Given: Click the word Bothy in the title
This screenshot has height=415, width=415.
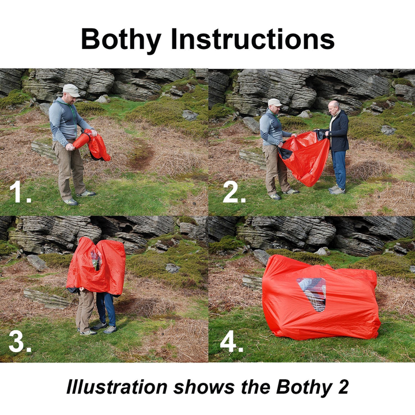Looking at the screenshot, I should tap(121, 39).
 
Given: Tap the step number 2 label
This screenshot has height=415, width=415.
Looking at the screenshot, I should tap(233, 193).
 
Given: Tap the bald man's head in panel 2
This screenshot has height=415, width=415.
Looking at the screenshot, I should tap(334, 107).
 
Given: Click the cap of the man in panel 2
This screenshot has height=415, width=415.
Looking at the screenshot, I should tap(275, 102).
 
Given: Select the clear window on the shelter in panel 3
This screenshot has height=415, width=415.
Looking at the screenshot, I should tap(96, 259).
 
